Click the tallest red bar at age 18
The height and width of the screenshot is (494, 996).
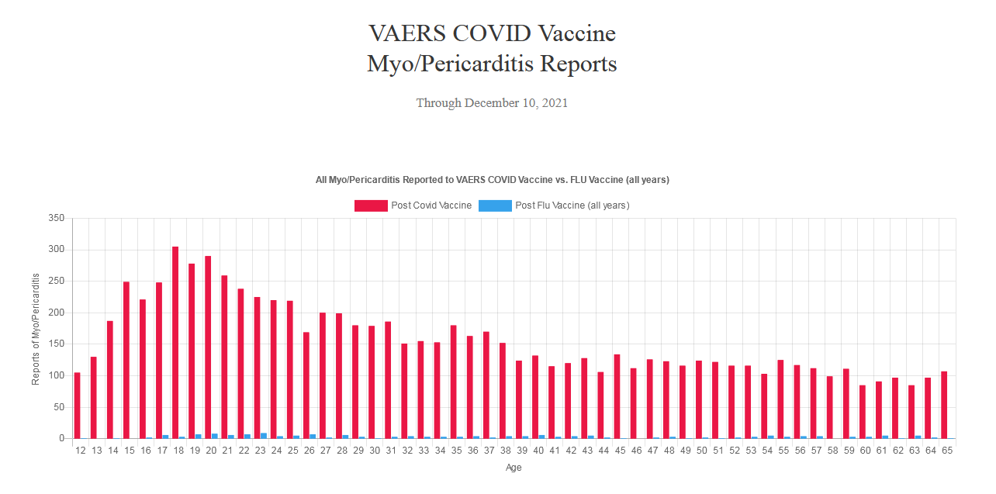tap(175, 342)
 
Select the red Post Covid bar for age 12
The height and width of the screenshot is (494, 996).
tap(77, 406)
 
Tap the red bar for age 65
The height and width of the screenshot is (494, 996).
tap(944, 405)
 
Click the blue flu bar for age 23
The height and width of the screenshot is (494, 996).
tap(264, 436)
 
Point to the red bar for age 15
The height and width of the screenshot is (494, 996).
tap(126, 360)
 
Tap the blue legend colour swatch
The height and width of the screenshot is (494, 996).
tap(495, 206)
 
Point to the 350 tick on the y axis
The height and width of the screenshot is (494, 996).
tap(57, 219)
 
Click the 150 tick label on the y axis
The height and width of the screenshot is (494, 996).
tap(57, 344)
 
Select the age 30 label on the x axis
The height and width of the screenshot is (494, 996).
tap(375, 451)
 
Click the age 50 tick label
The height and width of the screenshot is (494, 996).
tap(701, 451)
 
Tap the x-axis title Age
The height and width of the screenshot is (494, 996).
tap(514, 468)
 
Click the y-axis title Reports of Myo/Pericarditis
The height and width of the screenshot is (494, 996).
tap(36, 329)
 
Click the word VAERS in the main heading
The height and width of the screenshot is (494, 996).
tap(402, 33)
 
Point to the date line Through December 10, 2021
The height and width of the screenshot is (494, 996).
tap(492, 103)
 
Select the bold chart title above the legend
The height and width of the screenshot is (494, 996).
tap(492, 180)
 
